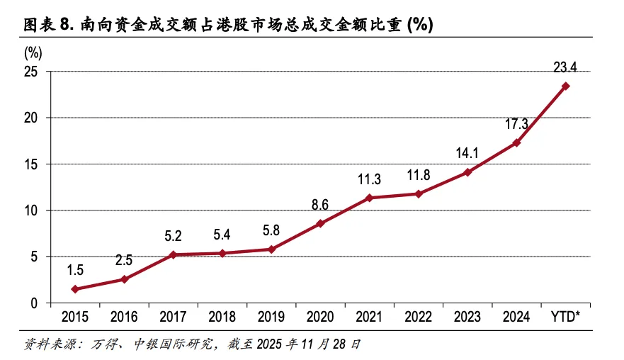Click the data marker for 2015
[74, 289]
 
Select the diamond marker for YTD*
[566, 86]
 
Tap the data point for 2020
[320, 223]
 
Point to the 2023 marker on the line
[467, 172]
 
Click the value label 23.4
[565, 68]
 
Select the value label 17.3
[516, 124]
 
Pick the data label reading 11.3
[369, 179]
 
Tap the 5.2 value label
[173, 235]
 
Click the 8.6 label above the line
[320, 205]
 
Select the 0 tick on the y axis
[35, 303]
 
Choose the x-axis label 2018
[222, 316]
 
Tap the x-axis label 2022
[419, 316]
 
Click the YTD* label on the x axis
[565, 316]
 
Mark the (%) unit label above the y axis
[33, 52]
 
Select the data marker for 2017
[173, 254]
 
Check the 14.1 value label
[467, 154]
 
